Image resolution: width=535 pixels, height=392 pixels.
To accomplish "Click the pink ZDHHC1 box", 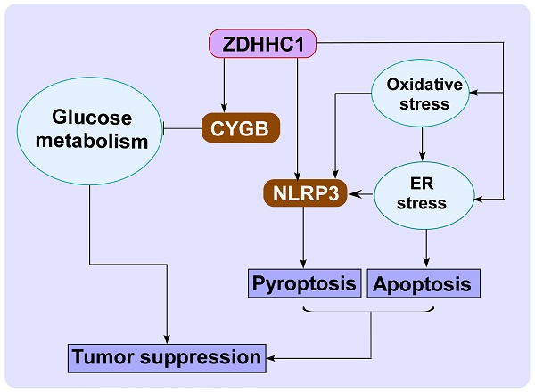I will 263,43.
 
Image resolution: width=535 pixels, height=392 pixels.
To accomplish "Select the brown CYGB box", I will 241,127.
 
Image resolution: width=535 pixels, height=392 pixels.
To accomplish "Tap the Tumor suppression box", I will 167,358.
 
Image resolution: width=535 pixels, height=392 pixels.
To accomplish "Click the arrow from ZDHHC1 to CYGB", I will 225,85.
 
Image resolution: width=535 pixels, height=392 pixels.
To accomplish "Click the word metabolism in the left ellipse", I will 89,143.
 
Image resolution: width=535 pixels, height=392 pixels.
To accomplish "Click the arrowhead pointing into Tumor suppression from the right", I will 270,358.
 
